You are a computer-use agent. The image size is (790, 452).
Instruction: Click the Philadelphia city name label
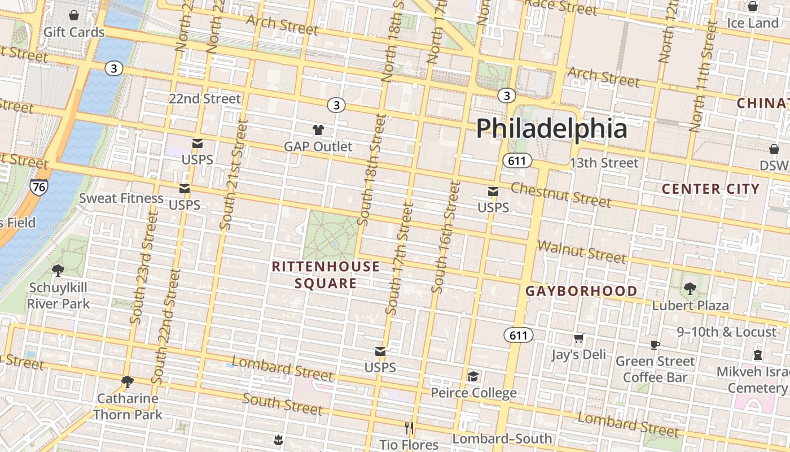(x=551, y=129)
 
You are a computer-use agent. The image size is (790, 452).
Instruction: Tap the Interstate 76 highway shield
(x=39, y=187)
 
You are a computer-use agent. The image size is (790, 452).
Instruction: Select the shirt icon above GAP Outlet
(x=318, y=130)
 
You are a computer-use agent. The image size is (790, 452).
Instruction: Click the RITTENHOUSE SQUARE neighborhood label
(x=326, y=275)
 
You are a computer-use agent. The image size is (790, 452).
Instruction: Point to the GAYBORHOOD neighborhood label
(x=581, y=292)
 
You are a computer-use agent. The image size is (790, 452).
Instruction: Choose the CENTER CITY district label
(x=710, y=189)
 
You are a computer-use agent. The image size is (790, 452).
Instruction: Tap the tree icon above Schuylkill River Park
(x=58, y=271)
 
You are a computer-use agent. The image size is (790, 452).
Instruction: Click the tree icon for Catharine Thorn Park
(x=128, y=382)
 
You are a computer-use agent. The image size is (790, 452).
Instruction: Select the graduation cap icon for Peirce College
(x=473, y=376)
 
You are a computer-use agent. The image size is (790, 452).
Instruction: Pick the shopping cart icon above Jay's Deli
(x=578, y=338)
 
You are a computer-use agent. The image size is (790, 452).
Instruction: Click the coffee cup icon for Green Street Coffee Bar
(x=655, y=345)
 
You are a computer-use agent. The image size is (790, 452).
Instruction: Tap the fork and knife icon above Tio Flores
(x=409, y=428)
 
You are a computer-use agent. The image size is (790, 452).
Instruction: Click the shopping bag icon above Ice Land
(x=752, y=7)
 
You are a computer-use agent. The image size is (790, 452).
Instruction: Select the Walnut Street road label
(x=582, y=252)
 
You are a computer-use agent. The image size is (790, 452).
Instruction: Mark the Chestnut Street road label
(x=561, y=194)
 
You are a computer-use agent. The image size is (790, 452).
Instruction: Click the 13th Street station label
(x=604, y=163)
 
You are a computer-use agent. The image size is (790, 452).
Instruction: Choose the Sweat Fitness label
(x=121, y=198)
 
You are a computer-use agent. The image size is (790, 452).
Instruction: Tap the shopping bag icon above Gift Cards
(x=73, y=15)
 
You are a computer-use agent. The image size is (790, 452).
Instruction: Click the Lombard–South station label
(x=502, y=439)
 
